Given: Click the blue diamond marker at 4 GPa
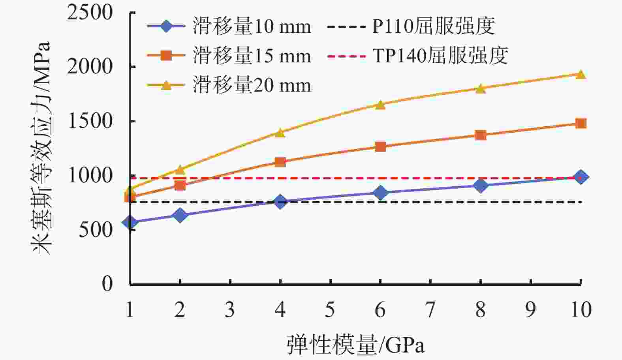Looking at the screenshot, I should (x=280, y=202).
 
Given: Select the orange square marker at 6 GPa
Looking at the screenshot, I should (x=380, y=147).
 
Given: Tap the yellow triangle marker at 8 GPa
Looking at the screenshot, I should (x=480, y=88).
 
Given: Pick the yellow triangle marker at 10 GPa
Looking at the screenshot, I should (x=581, y=75).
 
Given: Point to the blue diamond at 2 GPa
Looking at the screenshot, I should (x=180, y=215).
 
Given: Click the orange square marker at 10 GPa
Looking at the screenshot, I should (x=581, y=124).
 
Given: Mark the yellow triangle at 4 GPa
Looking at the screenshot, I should (x=280, y=133).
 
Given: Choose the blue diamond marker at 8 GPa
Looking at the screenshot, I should (x=480, y=185).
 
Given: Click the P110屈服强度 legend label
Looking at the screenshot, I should (x=433, y=27).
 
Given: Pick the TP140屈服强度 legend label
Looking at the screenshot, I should (x=440, y=56).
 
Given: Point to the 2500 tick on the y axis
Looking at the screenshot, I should (x=90, y=13).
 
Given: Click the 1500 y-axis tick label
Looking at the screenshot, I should (x=90, y=121).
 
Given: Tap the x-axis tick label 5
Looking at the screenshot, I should (x=330, y=310).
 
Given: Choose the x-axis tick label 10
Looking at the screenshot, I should (x=581, y=310).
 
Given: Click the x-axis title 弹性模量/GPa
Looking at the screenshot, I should (x=355, y=345).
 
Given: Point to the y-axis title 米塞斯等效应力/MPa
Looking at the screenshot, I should (x=42, y=148).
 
